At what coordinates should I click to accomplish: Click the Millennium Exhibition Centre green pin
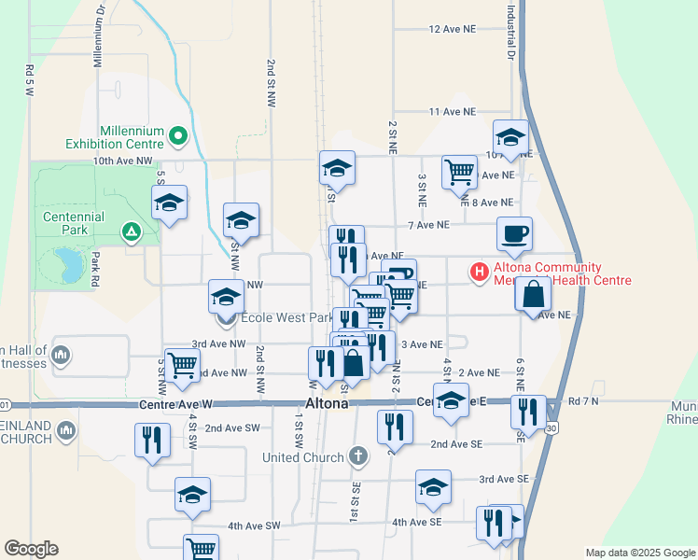click(178, 138)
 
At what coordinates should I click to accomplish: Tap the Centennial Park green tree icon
click(132, 230)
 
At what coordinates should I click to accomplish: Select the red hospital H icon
click(479, 273)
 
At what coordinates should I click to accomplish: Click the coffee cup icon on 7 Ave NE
click(513, 233)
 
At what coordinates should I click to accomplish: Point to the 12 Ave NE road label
click(453, 30)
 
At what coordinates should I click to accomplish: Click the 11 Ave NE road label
click(453, 112)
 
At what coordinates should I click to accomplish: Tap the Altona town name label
click(327, 404)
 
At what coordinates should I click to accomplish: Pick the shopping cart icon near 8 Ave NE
click(458, 172)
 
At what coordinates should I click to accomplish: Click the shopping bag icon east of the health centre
click(532, 295)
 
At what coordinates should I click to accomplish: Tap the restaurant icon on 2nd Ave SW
click(151, 440)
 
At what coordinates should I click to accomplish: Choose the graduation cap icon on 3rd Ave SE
click(433, 488)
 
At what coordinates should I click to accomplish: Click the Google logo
click(31, 549)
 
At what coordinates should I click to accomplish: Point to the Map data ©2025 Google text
click(639, 553)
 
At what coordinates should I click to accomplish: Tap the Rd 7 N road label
click(582, 401)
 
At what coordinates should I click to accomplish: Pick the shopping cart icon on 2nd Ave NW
click(181, 365)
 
